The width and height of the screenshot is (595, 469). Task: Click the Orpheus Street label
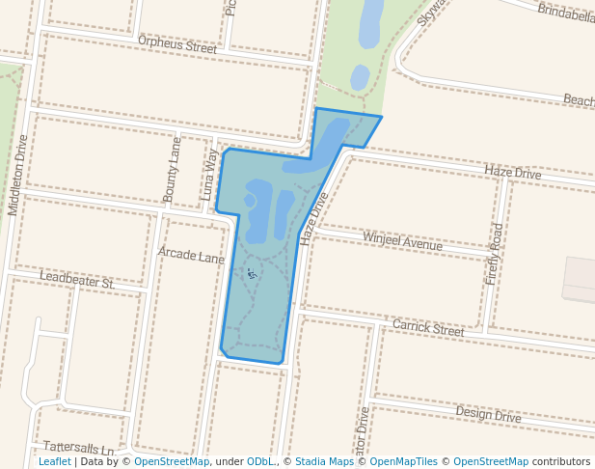(177, 45)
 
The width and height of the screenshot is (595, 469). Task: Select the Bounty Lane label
(173, 169)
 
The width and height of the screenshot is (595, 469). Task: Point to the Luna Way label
(210, 175)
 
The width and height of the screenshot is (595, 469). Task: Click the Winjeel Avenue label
(402, 241)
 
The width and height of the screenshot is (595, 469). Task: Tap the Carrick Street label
(428, 328)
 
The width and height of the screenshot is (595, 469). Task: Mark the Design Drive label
(488, 414)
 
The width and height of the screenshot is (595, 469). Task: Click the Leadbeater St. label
(77, 281)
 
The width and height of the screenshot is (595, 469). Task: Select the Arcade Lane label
(191, 256)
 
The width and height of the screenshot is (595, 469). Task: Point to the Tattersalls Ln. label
(79, 449)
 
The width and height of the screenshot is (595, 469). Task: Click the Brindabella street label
(566, 14)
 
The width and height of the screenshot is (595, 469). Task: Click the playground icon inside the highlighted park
(253, 275)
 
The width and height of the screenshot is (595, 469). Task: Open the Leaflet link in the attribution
(55, 462)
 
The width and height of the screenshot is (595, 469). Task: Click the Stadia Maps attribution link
(324, 462)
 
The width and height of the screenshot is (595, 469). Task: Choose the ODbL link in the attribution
(259, 462)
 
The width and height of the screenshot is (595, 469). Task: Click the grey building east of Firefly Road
(580, 279)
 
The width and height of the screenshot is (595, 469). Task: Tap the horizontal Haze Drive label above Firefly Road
(513, 173)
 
